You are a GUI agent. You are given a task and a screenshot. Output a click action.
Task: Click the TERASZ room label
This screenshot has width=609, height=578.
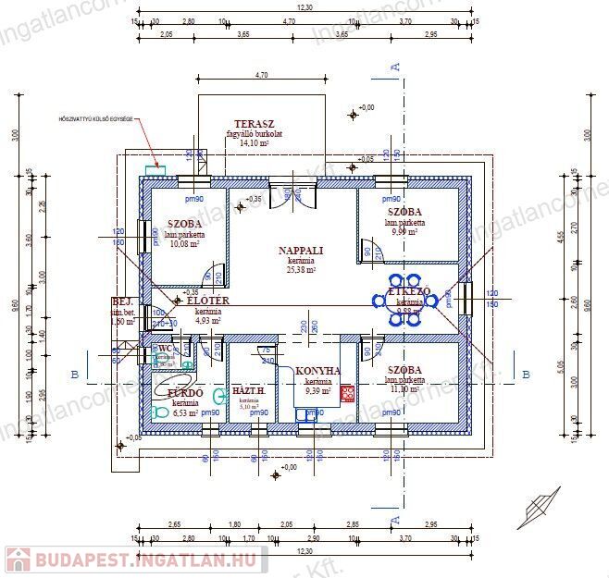point(254,124)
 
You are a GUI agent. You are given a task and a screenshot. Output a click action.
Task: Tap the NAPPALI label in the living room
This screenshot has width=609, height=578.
point(301,251)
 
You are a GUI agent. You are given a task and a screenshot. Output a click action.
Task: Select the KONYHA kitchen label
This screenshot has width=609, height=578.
point(317,371)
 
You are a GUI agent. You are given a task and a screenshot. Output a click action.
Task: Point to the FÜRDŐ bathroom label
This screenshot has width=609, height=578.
point(184,392)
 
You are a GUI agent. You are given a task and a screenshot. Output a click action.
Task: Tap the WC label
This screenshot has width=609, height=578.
point(166,350)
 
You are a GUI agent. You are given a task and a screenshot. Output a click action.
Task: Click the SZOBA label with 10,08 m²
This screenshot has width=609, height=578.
point(185,224)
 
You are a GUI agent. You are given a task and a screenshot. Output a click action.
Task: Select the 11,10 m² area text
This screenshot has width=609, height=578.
point(405,389)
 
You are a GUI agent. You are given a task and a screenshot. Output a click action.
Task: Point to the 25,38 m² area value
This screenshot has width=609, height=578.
point(301,272)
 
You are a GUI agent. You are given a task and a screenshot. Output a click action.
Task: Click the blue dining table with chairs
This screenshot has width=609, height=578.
point(404,300)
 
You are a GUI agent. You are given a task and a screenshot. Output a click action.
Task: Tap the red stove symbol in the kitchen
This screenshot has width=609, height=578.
point(347,394)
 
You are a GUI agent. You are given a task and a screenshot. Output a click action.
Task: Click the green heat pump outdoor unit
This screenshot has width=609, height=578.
point(155,170)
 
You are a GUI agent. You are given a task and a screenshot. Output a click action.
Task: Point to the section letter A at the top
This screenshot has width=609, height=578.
point(395,66)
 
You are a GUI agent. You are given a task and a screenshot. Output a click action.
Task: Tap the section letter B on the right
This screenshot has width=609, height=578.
point(526,374)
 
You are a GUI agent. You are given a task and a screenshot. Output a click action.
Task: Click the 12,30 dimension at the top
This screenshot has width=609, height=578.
point(304,6)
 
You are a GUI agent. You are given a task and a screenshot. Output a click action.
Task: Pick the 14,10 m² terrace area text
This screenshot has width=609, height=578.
point(254,143)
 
